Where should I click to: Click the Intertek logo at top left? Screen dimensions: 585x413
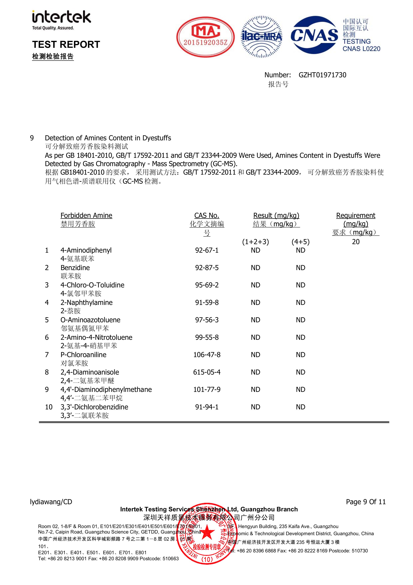61,20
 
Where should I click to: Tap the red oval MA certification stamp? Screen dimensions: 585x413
206,37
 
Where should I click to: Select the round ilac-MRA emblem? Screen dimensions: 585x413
262,37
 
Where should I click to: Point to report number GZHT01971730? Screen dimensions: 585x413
322,75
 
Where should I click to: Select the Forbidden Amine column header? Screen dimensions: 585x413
86,216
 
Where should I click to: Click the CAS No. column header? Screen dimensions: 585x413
207,216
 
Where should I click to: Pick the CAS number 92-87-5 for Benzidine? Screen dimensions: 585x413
207,268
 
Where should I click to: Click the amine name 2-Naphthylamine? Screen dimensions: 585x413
86,303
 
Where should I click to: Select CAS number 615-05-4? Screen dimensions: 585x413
207,372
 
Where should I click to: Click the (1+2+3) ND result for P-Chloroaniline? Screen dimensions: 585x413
255,355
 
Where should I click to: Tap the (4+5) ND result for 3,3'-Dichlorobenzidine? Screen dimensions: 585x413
300,407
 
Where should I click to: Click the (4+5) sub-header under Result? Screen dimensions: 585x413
300,242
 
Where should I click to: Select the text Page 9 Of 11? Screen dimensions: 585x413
366,502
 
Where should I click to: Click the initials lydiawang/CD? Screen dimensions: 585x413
51,502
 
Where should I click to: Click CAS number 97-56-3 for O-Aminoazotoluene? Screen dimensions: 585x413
207,320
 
